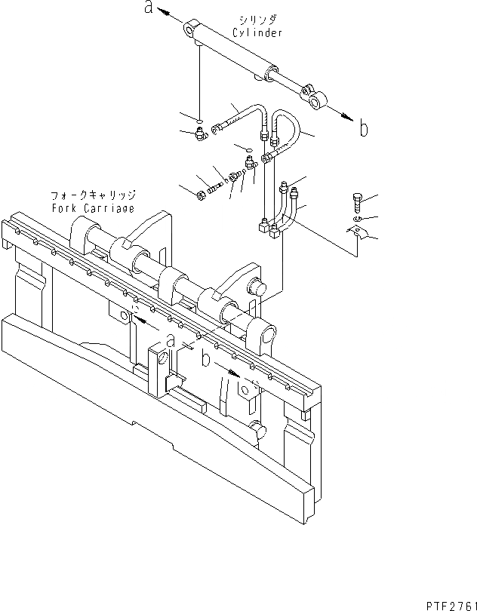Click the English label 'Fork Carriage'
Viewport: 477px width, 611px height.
(93, 207)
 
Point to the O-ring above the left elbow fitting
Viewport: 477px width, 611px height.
(198, 119)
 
